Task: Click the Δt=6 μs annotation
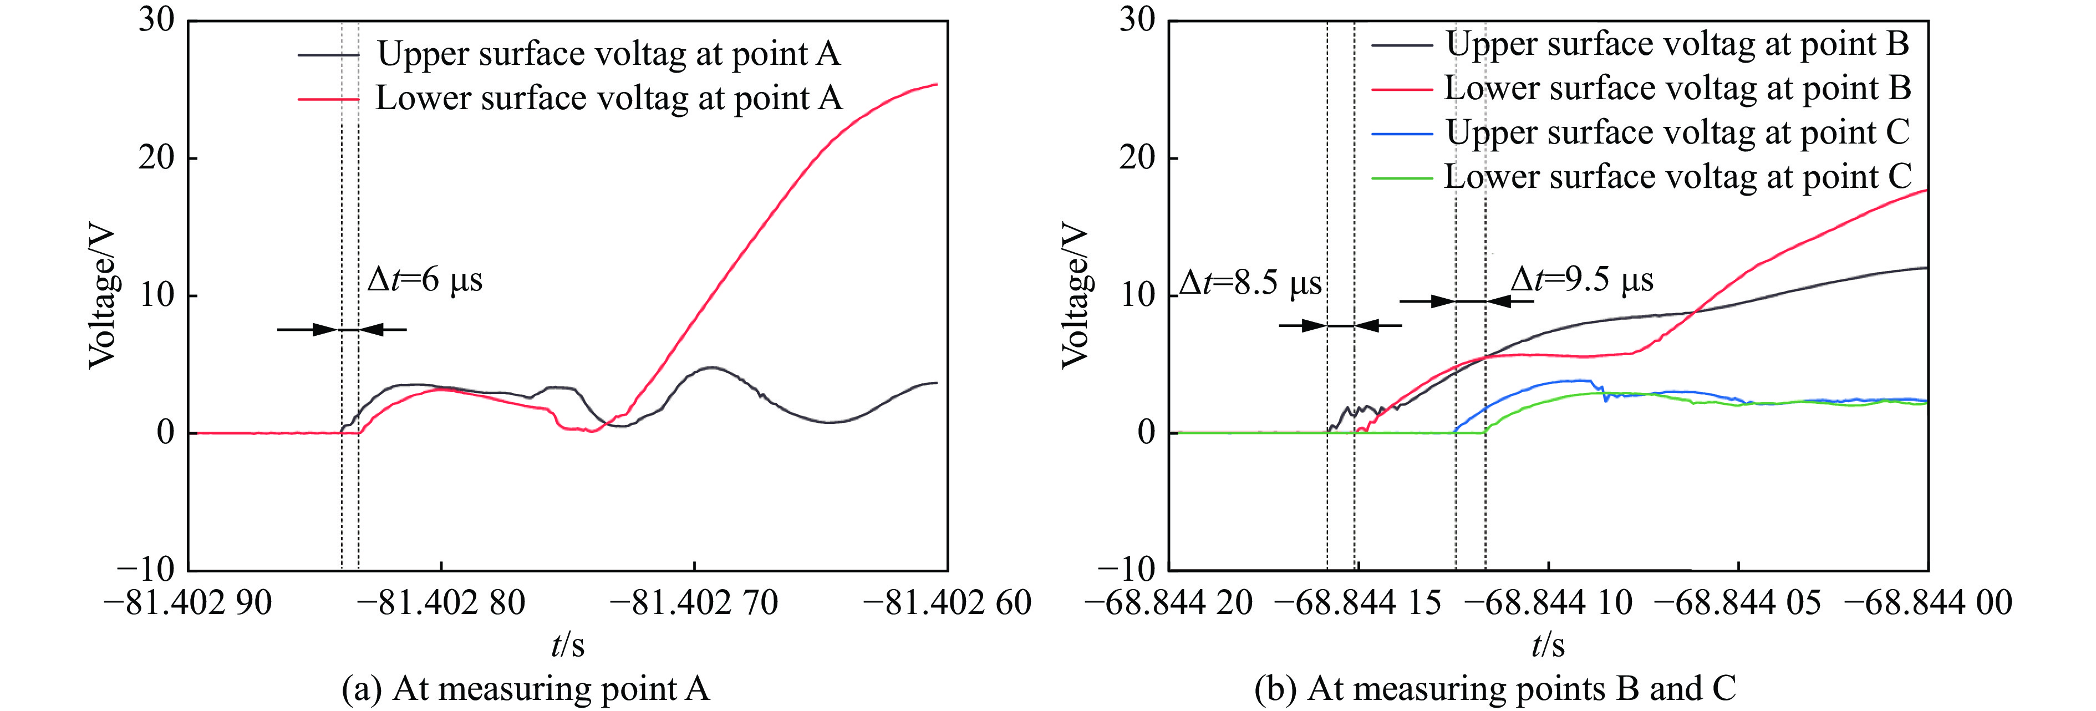(425, 280)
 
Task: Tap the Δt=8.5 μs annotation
(1250, 284)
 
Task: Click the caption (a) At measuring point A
(526, 689)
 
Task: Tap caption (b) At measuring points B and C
(1495, 689)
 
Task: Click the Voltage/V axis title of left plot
(103, 298)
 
